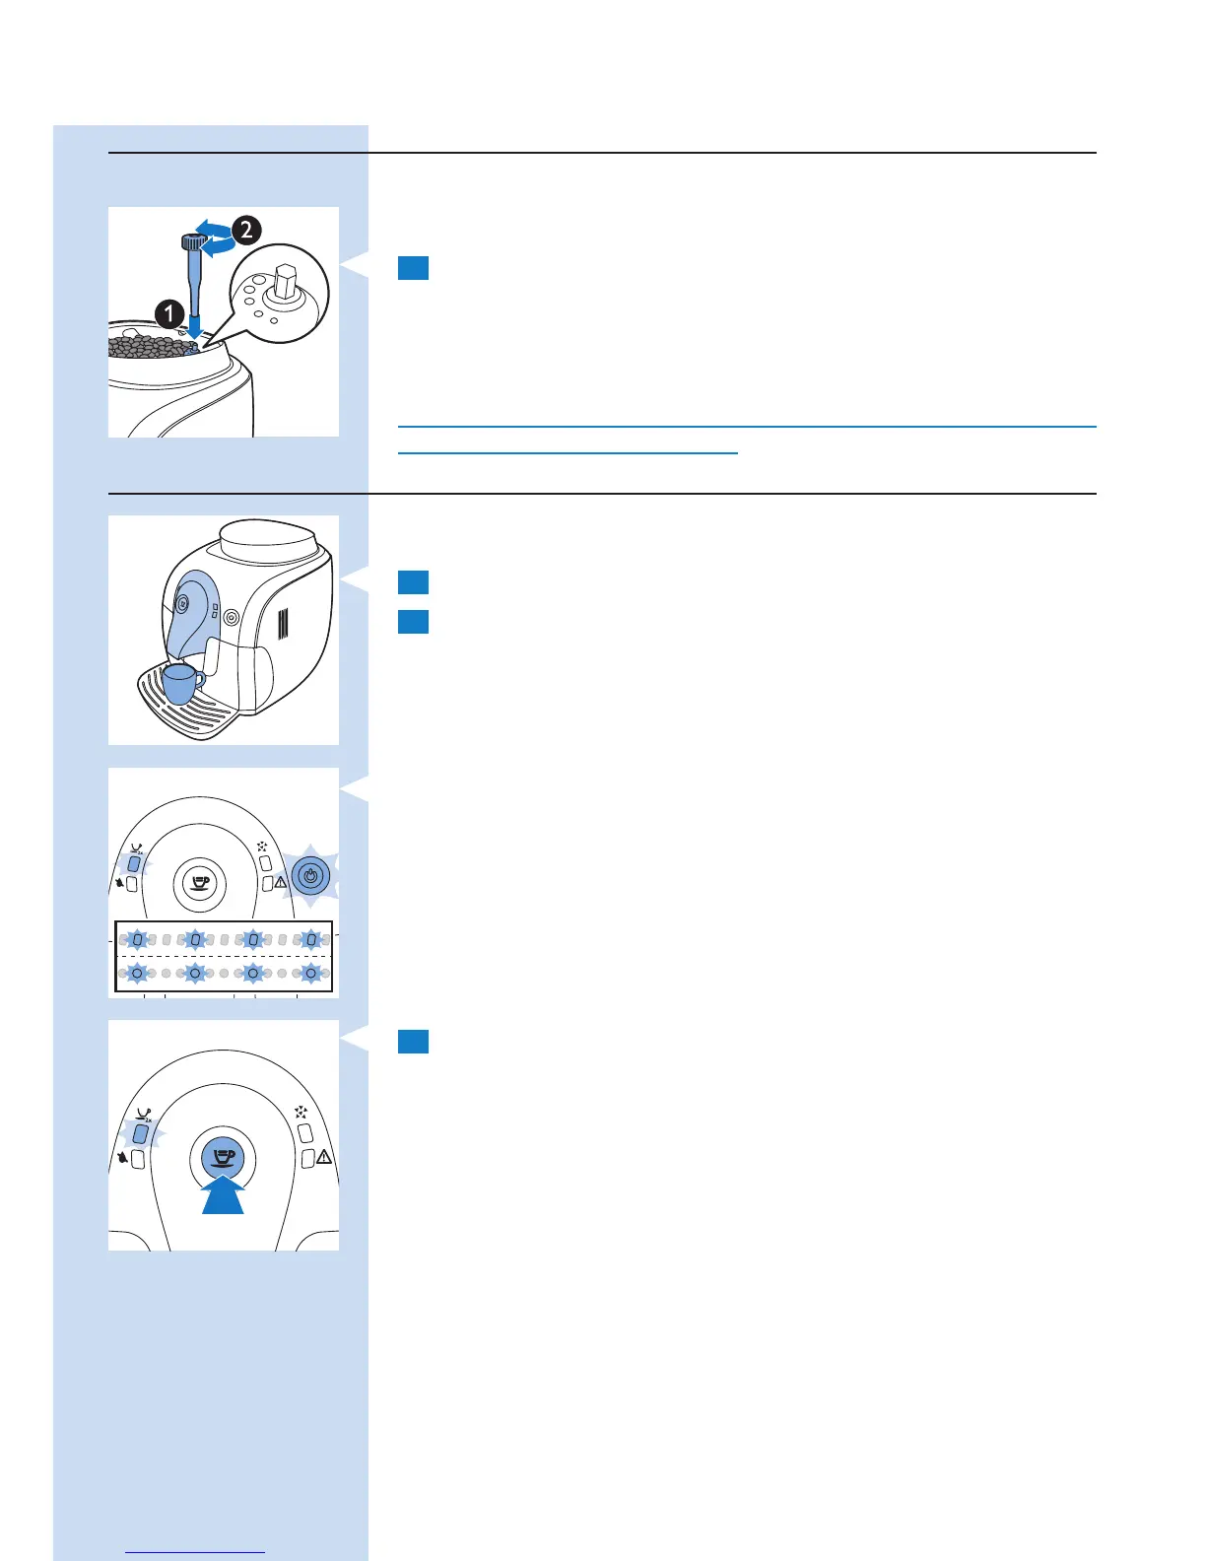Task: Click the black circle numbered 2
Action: (245, 231)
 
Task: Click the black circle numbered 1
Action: (169, 314)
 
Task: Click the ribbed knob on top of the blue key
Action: (191, 241)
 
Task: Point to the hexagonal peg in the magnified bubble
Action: (287, 282)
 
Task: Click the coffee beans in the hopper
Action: (148, 347)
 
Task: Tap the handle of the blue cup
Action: (200, 679)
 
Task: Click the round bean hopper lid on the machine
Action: (268, 539)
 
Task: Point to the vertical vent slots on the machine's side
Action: (282, 625)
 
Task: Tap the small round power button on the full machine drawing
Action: (232, 618)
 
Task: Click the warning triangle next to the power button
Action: (281, 883)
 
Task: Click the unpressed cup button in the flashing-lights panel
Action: (200, 883)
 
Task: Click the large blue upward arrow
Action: (224, 1194)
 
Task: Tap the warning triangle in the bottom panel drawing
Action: (324, 1157)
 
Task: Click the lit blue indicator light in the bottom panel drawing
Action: (140, 1134)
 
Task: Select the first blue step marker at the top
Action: (413, 268)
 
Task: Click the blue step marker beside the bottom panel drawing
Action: (413, 1042)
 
